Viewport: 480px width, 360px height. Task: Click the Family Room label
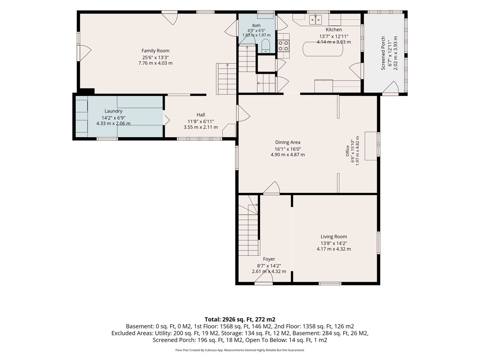[x=155, y=51]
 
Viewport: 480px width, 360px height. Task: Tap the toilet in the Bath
[x=266, y=46]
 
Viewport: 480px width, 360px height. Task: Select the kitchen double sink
[x=315, y=20]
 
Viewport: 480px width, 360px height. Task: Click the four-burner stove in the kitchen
[x=283, y=46]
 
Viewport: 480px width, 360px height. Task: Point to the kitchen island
[x=322, y=49]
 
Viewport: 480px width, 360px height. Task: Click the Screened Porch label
[x=383, y=53]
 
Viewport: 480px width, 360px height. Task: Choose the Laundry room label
[x=113, y=111]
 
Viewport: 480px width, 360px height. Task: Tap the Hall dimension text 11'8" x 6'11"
[x=201, y=121]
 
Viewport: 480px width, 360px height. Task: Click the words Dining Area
[x=288, y=142]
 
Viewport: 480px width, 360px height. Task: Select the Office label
[x=348, y=151]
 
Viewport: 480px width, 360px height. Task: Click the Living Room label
[x=334, y=237]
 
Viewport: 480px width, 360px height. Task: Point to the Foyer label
[x=269, y=259]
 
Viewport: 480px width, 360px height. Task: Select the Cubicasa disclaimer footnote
[x=240, y=350]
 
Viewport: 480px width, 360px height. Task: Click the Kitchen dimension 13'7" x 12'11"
[x=334, y=36]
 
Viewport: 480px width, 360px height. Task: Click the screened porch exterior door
[x=391, y=87]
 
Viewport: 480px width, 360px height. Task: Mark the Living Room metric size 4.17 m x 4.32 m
[x=334, y=249]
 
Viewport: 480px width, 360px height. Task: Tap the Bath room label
[x=256, y=25]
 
